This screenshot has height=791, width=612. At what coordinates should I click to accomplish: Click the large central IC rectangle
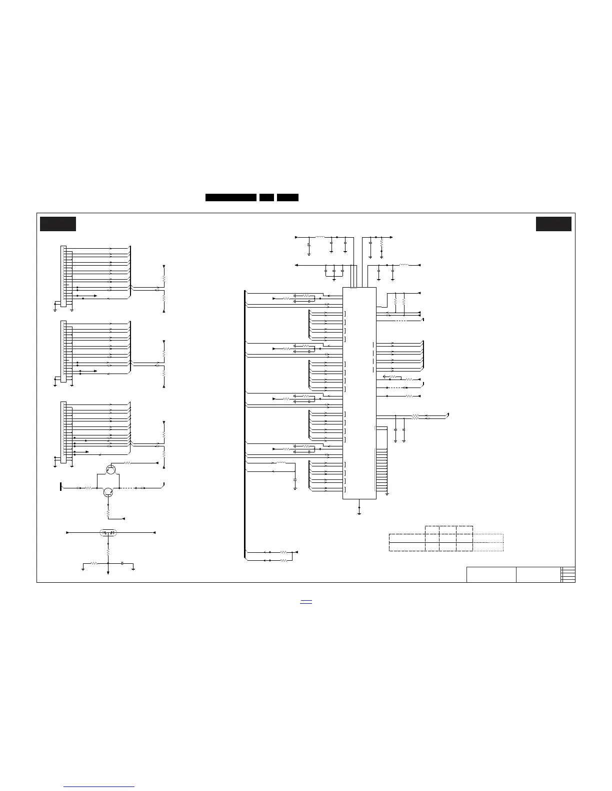[359, 393]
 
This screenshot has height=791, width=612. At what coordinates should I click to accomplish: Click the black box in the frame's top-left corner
[58, 224]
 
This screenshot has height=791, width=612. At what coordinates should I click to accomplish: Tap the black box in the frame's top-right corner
[553, 224]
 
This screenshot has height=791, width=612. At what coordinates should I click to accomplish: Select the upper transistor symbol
[111, 469]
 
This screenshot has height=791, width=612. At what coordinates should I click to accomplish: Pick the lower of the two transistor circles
[108, 492]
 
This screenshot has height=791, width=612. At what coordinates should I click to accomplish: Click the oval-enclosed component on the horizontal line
[108, 533]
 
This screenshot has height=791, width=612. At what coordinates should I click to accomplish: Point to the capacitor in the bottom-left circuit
[122, 563]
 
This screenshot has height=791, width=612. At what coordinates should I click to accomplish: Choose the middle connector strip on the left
[63, 351]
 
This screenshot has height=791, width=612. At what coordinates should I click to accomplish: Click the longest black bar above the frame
[231, 198]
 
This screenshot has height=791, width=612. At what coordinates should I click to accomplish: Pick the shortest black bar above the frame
[266, 198]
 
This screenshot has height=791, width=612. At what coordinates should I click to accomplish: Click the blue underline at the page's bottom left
[99, 787]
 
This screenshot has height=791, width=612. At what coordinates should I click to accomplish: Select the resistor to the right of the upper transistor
[127, 463]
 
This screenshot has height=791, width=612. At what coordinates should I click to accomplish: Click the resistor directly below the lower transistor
[108, 512]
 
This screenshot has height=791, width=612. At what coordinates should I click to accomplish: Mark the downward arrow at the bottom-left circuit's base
[108, 573]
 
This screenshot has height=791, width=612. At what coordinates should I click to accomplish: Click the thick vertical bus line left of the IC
[245, 424]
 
